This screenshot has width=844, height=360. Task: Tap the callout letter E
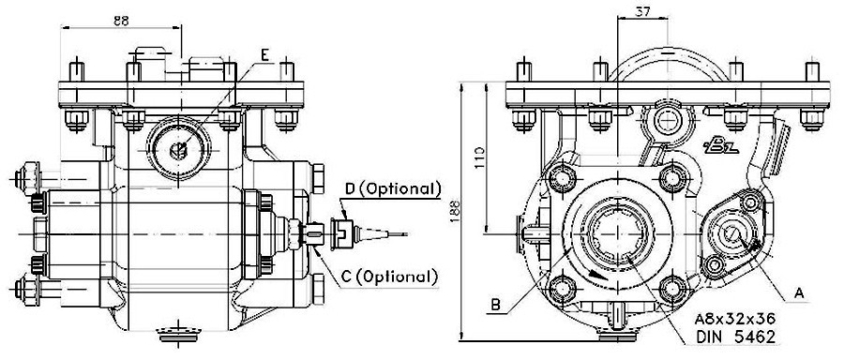click(x=265, y=55)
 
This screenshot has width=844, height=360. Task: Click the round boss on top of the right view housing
click(x=668, y=118)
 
